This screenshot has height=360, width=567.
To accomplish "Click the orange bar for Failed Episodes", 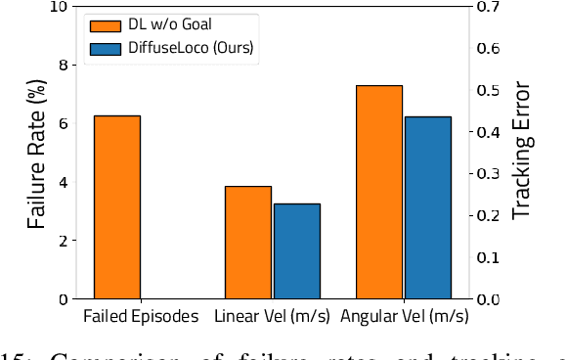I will coord(117,206).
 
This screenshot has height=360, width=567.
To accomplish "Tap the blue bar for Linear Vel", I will coord(296,250).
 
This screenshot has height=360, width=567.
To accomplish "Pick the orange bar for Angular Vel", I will coord(379,192).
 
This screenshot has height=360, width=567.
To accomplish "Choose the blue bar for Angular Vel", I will coord(427,207).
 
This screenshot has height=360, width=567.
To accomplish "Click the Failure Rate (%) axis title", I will coord(36,153).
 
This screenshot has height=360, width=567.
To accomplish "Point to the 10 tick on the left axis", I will coord(58,7).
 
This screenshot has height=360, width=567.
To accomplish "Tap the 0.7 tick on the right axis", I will coord(488,7).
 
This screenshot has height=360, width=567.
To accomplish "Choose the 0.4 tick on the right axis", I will coord(488,132).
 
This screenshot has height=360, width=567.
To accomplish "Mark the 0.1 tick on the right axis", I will coord(488,257).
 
